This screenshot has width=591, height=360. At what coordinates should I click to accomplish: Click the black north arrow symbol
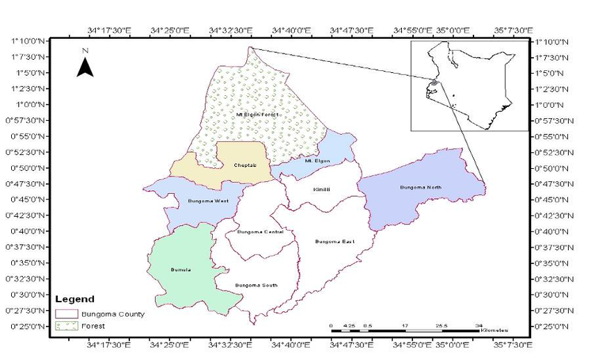pyautogui.click(x=85, y=66)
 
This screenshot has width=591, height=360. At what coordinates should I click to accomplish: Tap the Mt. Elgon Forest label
pyautogui.click(x=257, y=114)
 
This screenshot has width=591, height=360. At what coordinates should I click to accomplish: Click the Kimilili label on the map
pyautogui.click(x=321, y=189)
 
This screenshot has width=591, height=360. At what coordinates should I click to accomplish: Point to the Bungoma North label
pyautogui.click(x=421, y=188)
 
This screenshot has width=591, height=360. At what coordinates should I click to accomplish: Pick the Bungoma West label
pyautogui.click(x=208, y=202)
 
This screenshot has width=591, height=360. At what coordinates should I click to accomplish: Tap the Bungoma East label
pyautogui.click(x=334, y=241)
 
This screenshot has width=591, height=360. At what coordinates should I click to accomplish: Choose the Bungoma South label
pyautogui.click(x=257, y=286)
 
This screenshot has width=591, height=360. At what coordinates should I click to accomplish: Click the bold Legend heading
pyautogui.click(x=74, y=300)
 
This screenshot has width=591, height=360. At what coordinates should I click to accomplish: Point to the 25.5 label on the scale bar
pyautogui.click(x=442, y=325)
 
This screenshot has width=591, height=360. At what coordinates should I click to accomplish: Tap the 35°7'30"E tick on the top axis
pyautogui.click(x=512, y=30)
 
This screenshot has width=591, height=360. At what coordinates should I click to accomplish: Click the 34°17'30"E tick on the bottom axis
pyautogui.click(x=108, y=343)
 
